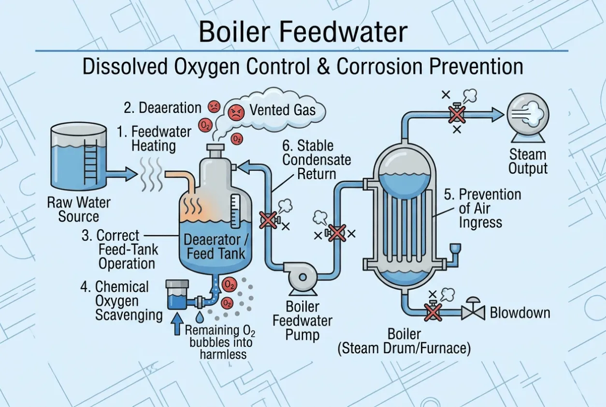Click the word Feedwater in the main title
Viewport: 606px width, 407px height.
343,32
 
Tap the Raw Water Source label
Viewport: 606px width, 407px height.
79,209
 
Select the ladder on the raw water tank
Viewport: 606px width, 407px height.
90,162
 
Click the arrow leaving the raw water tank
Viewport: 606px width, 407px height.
121,174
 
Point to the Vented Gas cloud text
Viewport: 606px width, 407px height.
282,110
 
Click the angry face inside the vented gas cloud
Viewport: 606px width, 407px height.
236,112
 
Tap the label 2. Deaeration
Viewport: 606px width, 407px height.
162,107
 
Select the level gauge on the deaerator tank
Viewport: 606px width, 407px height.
235,211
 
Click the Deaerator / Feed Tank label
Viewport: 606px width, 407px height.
216,247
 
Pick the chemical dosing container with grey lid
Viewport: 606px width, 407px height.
177,295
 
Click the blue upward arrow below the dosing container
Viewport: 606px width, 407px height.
177,324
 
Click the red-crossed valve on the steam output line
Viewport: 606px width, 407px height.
457,114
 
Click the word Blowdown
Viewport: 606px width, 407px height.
520,313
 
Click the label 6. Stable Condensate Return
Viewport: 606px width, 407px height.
317,160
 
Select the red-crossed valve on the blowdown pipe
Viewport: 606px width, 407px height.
433,312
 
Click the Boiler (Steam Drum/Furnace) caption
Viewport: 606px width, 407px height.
404,341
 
